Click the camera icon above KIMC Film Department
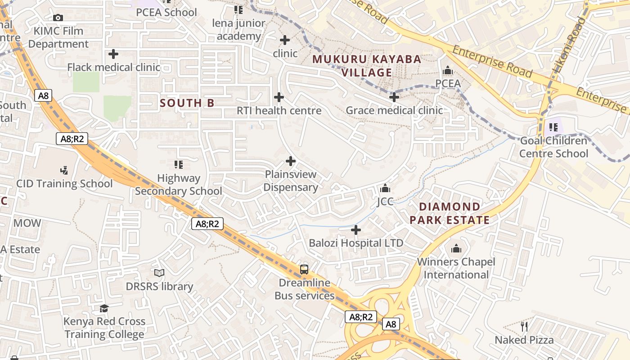coord(58,18)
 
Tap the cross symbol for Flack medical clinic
coord(113,54)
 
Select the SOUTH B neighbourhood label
coord(187,103)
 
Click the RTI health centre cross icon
coord(279,97)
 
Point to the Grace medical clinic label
coord(394,110)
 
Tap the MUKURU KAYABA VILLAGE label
coord(367,66)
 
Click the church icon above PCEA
coord(448,71)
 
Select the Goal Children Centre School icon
coord(553,127)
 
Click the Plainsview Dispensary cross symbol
coord(291,161)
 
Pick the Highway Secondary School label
coord(179,184)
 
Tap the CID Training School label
coord(64,184)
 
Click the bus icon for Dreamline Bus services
coord(304,270)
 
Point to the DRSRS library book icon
coord(159,273)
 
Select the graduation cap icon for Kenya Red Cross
coord(104,308)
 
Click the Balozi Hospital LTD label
coord(356,243)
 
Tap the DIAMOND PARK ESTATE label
coord(450,213)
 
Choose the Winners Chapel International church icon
coord(456,248)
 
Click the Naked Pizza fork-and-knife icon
coord(524,326)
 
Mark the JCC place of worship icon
coord(385,188)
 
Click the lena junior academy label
coord(238,30)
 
